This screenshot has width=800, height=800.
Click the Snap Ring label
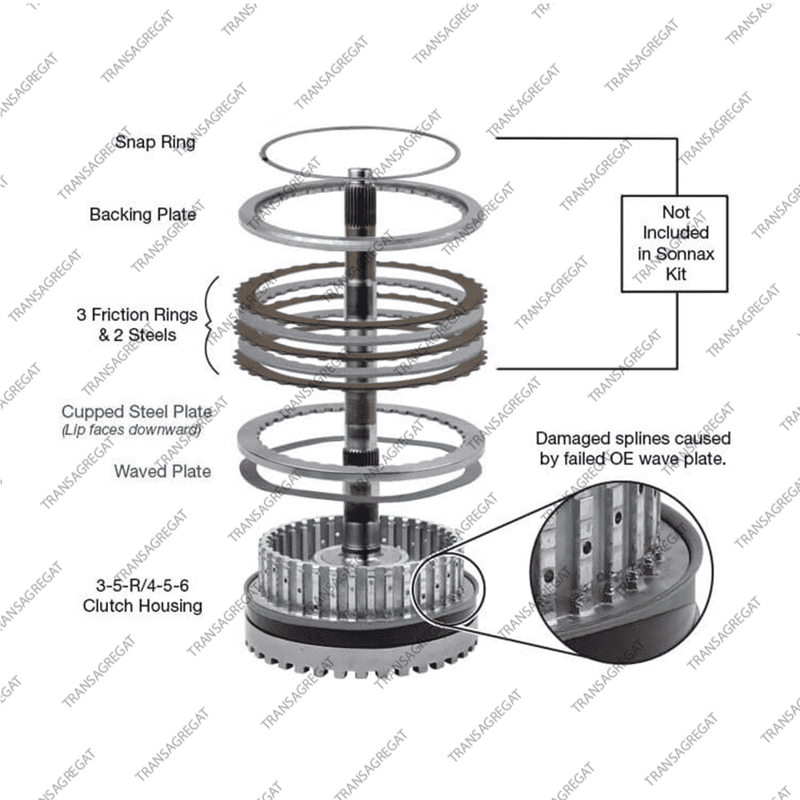tap(155, 142)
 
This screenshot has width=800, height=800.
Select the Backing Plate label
tap(143, 214)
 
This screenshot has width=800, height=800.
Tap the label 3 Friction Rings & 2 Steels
tap(138, 325)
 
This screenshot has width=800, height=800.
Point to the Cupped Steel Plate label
tap(137, 411)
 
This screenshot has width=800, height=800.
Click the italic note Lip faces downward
tap(132, 430)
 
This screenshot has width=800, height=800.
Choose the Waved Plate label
tap(162, 471)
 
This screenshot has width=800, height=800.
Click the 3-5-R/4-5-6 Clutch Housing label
tap(142, 595)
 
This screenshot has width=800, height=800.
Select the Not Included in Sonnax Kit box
tap(674, 243)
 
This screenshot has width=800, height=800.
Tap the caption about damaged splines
tap(633, 449)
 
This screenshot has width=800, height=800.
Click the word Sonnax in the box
tap(686, 254)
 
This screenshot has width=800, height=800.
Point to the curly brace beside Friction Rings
tap(210, 325)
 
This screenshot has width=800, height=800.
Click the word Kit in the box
tap(676, 274)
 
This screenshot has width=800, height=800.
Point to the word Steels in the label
tap(152, 335)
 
